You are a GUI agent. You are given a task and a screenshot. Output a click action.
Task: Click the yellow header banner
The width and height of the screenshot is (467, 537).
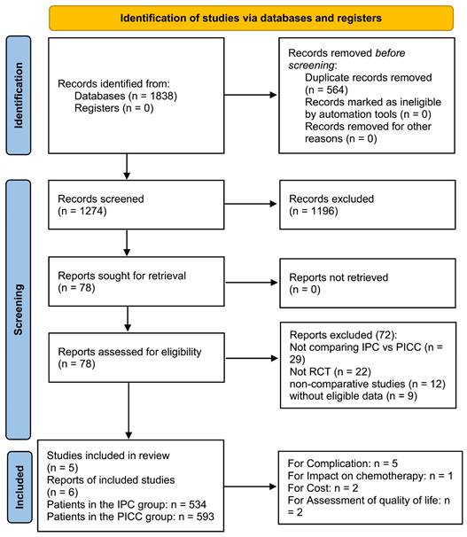coord(251,18)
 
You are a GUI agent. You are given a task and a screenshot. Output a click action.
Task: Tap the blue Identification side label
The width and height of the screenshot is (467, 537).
coord(19,95)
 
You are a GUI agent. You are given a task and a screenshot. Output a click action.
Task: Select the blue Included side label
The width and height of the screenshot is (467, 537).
coord(19,486)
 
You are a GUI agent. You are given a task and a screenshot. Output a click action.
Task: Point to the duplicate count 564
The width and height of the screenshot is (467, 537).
coord(335,89)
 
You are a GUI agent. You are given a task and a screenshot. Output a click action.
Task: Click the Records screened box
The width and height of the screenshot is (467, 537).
coord(136,205)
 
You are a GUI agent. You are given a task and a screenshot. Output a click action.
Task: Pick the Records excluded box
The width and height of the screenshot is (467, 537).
coord(368,205)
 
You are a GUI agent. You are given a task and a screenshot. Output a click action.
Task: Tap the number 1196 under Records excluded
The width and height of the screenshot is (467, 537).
coord(323,211)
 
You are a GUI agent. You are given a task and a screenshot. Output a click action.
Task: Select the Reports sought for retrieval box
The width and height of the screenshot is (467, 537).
coord(136,282)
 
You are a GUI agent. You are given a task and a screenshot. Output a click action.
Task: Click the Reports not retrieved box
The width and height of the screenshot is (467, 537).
coord(368,284)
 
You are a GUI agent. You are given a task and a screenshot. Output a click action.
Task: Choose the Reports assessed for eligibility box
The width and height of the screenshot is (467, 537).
coord(136,357)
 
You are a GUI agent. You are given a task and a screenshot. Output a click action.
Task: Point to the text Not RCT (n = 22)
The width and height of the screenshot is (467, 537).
coord(331,371)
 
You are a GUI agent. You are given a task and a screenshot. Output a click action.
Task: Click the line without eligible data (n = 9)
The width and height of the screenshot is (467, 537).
coord(354,396)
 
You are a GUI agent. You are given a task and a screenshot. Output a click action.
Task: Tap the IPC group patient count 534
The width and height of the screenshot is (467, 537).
coord(197,504)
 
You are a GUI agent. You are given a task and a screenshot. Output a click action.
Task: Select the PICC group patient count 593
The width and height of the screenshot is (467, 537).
coord(205,517)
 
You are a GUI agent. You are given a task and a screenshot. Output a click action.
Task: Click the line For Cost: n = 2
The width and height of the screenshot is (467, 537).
coord(323,487)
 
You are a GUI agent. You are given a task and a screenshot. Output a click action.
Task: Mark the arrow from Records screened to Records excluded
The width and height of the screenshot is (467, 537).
coord(250,204)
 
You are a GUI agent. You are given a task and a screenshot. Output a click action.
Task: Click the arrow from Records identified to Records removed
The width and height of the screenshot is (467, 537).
coord(250,95)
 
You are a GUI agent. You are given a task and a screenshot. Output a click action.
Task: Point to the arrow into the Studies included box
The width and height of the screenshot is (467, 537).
coord(128,410)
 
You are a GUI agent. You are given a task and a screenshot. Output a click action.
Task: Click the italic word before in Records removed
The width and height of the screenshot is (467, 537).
coord(390,53)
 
